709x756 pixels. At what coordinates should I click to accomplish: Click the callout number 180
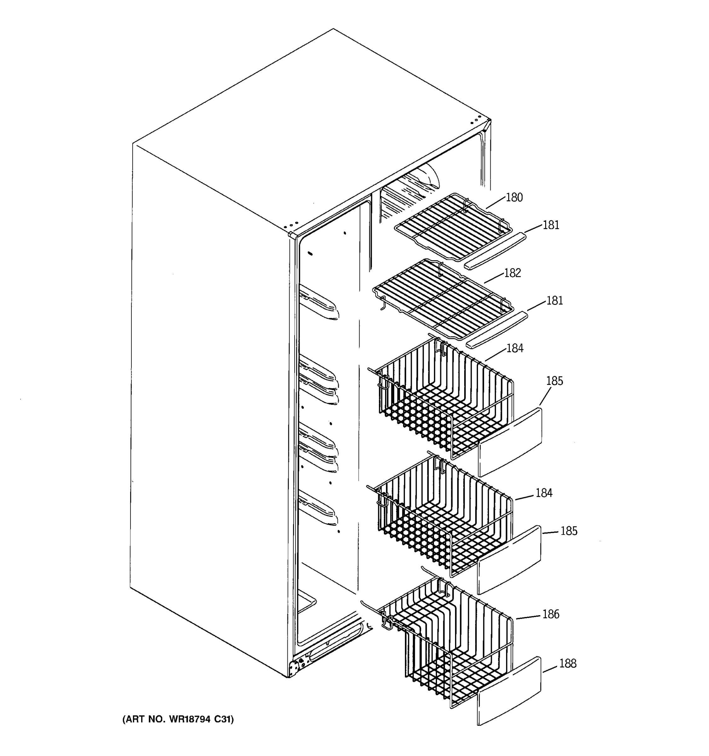point(514,198)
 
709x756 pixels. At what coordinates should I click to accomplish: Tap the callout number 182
point(512,273)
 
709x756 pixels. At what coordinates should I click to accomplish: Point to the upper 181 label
point(551,226)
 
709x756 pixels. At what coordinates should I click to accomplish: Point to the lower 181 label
point(555,301)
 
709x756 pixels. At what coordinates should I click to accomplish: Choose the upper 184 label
point(515,348)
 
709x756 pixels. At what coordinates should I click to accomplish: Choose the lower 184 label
point(544,493)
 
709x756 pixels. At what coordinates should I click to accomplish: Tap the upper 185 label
point(554,381)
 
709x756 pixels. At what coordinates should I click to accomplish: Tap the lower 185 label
point(569,531)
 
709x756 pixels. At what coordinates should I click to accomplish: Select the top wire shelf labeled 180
point(452,228)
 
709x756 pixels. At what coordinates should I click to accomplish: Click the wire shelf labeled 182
point(443,299)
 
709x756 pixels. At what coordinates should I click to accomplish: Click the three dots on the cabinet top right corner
point(476,121)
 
